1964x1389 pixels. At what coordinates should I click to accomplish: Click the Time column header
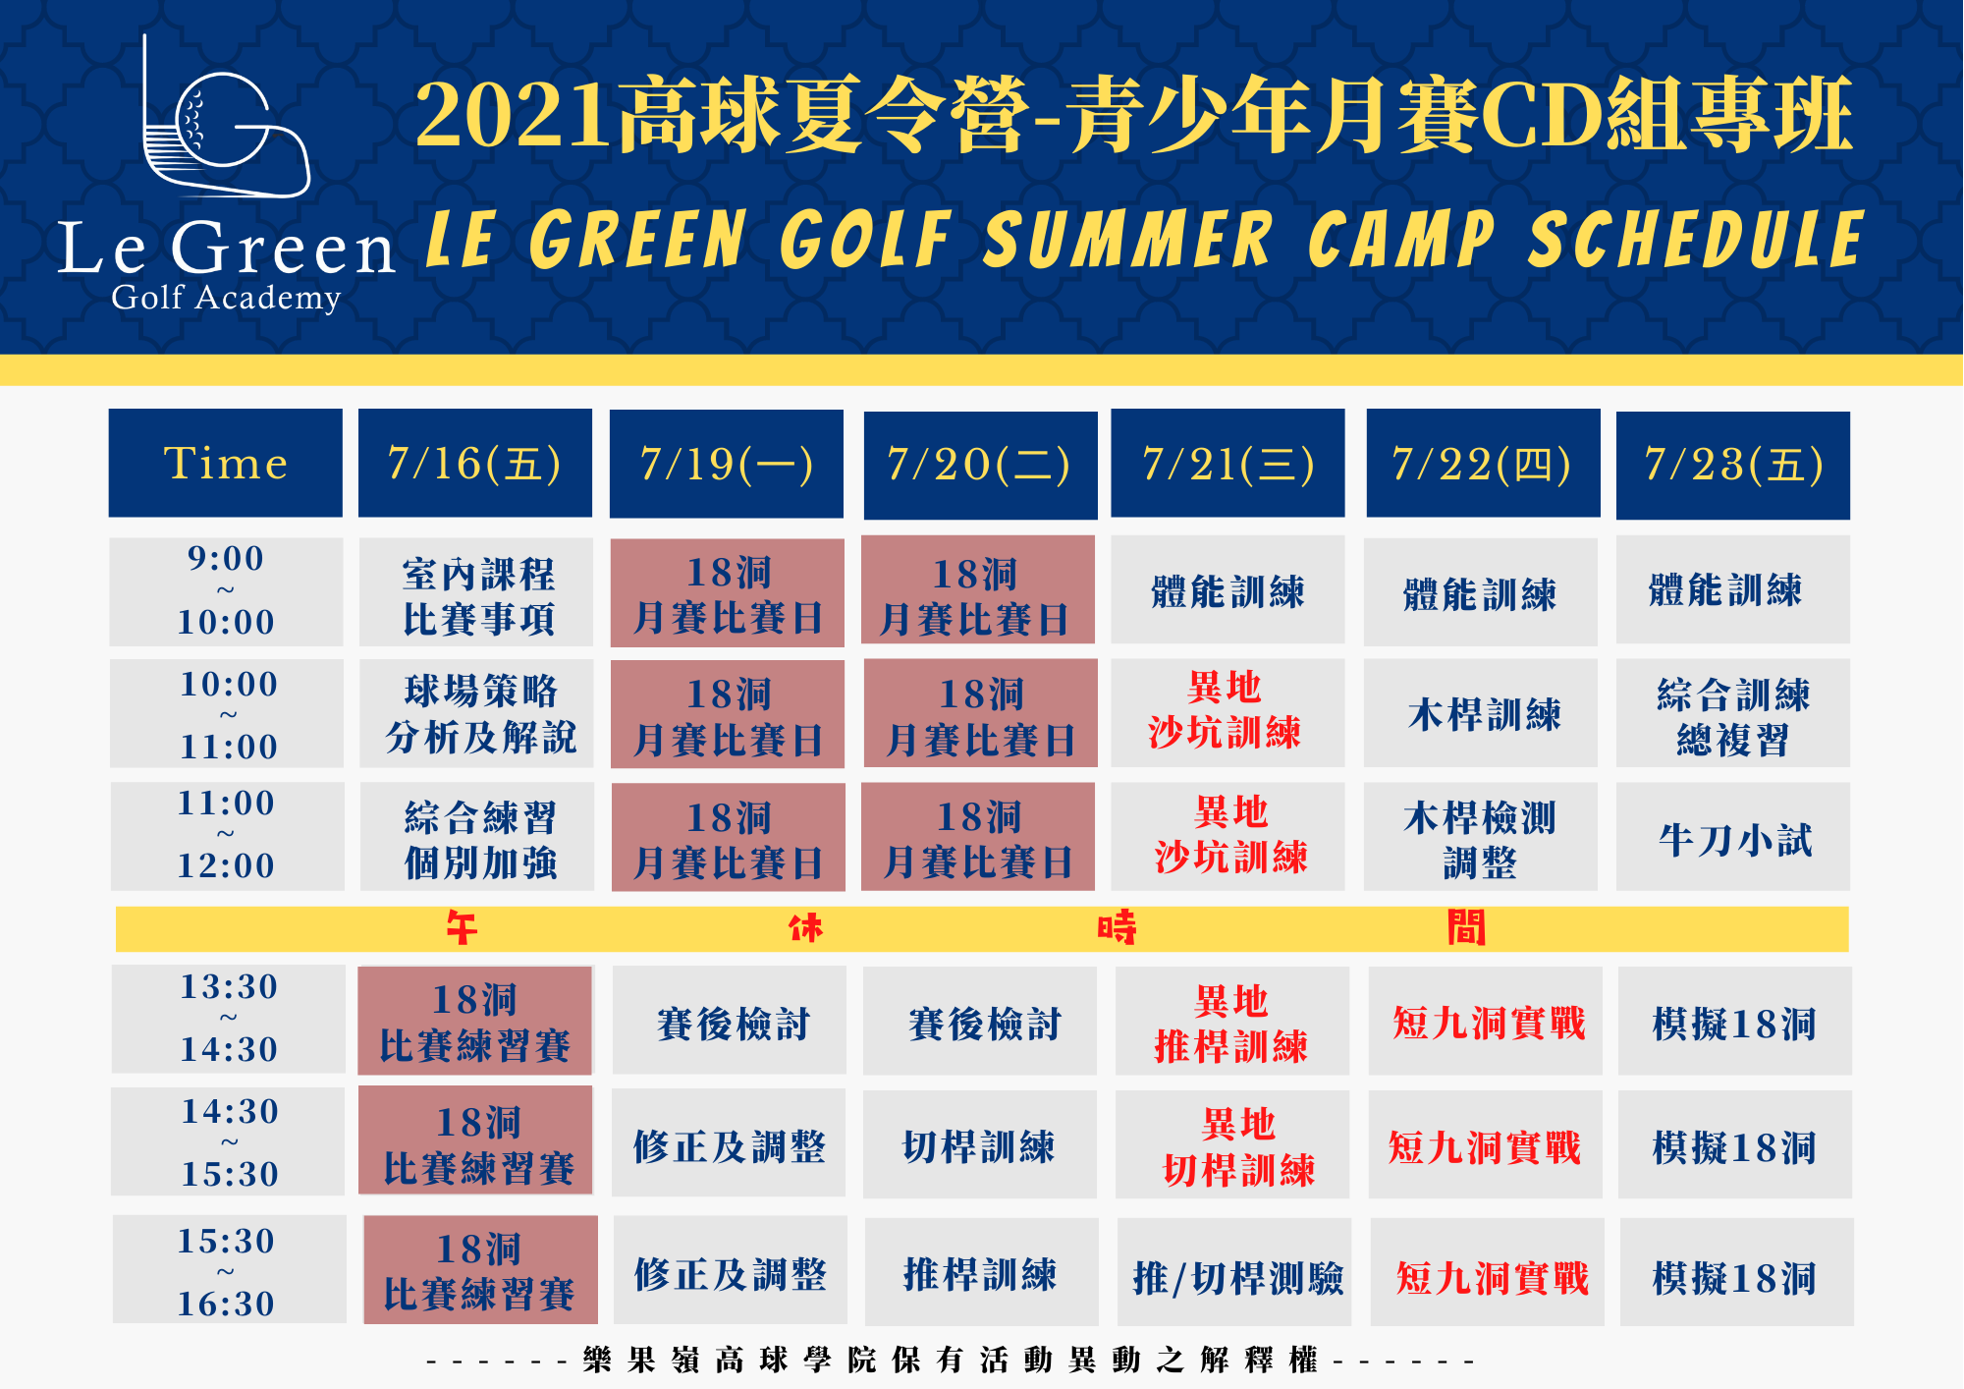[x=226, y=463]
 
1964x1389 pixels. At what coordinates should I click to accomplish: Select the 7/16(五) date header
[x=475, y=463]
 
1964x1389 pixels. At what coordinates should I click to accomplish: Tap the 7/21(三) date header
[x=1227, y=463]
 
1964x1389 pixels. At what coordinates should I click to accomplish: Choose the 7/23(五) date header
[x=1733, y=465]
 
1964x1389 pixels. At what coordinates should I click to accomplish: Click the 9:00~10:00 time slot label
[x=226, y=590]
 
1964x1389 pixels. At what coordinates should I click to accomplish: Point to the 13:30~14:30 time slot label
[x=229, y=1019]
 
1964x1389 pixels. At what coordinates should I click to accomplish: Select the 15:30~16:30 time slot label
[x=230, y=1269]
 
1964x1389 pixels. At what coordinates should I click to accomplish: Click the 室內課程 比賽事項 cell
[x=476, y=591]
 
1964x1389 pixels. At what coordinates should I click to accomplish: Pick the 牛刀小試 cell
[x=1733, y=837]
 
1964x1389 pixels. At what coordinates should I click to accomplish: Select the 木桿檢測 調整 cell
[x=1481, y=837]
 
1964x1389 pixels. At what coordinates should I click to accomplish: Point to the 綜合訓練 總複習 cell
[x=1733, y=713]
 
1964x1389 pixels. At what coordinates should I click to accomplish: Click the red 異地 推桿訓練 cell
[x=1232, y=1022]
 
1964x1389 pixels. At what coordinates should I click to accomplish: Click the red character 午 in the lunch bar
[x=462, y=928]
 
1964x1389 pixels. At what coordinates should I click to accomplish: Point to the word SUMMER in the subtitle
[x=1127, y=240]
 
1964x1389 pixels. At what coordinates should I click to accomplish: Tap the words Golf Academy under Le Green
[x=226, y=297]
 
